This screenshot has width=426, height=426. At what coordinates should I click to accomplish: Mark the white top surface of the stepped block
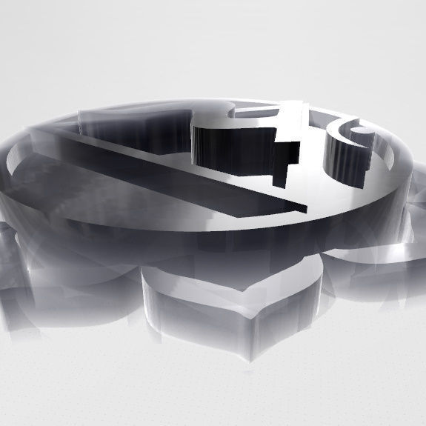tap(252, 122)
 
